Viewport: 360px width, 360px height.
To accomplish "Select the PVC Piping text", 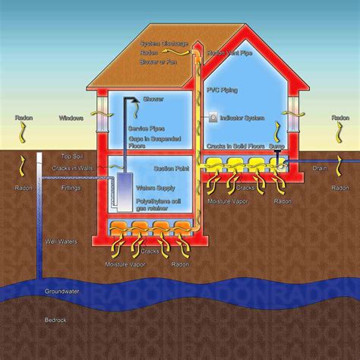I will tap(223, 89).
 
